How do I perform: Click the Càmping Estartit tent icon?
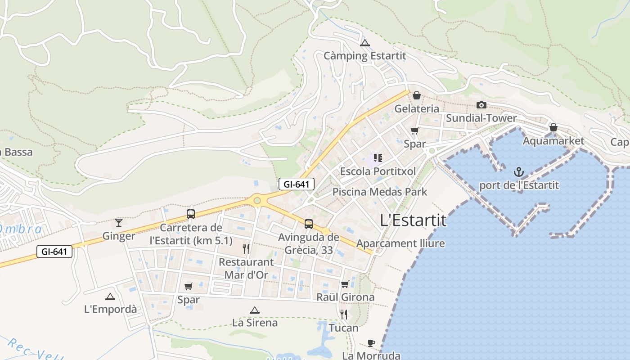click(x=365, y=43)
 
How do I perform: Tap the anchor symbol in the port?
click(x=519, y=172)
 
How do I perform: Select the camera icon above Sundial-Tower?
click(x=481, y=105)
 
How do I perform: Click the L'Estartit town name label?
click(x=413, y=220)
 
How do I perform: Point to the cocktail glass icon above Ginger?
click(x=119, y=222)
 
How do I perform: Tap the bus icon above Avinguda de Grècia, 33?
click(x=309, y=224)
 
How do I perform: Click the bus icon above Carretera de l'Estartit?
click(x=191, y=214)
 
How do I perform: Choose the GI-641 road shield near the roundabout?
click(x=296, y=184)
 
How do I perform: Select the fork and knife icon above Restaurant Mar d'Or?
click(x=246, y=248)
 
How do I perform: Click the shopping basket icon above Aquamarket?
click(x=553, y=128)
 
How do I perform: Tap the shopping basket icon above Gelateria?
click(x=417, y=95)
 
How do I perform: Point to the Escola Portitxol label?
click(x=378, y=171)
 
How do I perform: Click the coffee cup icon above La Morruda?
click(x=371, y=343)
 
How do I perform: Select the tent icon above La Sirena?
click(x=255, y=310)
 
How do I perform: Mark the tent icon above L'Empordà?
click(x=110, y=297)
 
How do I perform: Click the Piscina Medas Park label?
click(x=380, y=192)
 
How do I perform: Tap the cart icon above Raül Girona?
click(x=345, y=284)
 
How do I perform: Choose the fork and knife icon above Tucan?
click(x=344, y=314)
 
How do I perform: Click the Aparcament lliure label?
click(x=400, y=244)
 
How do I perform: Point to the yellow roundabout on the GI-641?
click(x=257, y=200)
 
